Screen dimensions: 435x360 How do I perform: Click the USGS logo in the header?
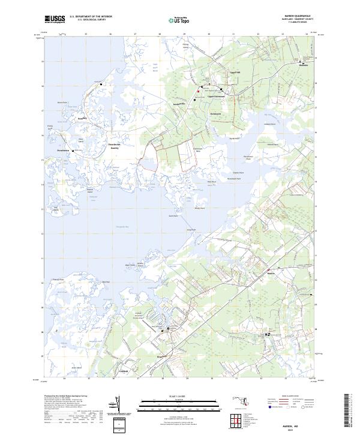coord(55,20)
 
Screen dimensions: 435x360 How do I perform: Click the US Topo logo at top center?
coord(172,20)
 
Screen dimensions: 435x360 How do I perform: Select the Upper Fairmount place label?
coord(215,96)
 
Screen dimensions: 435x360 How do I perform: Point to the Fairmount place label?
coord(216,113)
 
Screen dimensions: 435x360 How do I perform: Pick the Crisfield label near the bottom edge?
coord(122,371)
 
